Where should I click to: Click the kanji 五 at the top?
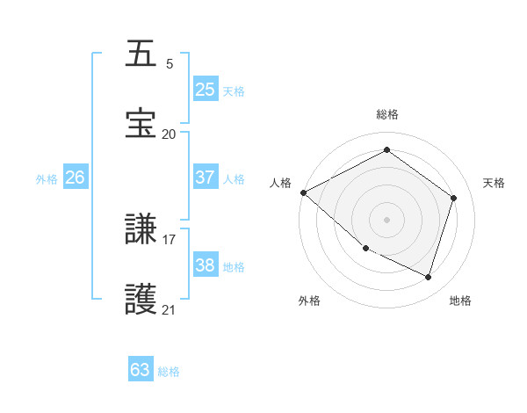[141, 54]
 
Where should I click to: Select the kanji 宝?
[141, 123]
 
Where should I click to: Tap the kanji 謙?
[141, 230]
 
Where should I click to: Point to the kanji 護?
[141, 299]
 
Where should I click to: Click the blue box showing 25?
[206, 90]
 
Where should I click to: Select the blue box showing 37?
[206, 178]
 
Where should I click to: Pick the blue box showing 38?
[206, 265]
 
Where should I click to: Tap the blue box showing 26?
[76, 178]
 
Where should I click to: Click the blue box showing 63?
[141, 370]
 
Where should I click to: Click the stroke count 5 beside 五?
[170, 64]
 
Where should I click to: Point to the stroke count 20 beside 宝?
[170, 134]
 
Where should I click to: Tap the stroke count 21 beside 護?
[170, 309]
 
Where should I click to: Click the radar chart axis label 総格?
[387, 114]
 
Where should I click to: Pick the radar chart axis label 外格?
[309, 301]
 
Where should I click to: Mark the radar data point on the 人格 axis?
[303, 192]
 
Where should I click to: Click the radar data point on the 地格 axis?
[428, 278]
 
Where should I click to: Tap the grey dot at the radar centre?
[386, 219]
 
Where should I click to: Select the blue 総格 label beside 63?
[170, 372]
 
